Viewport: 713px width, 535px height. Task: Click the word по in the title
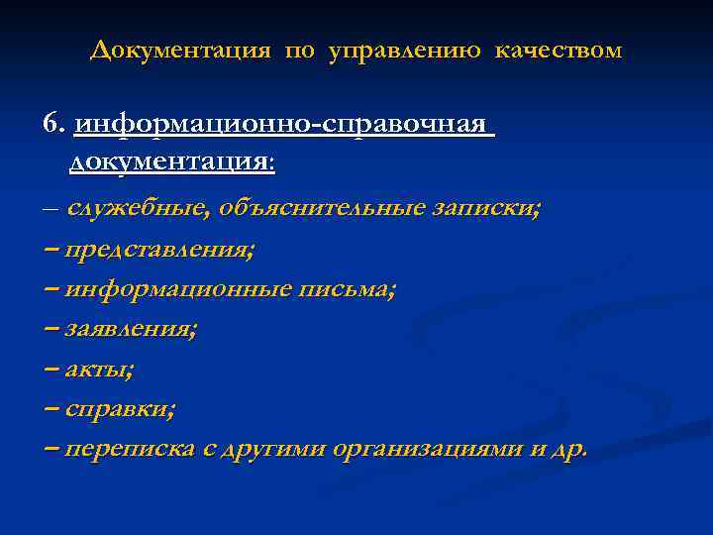[x=297, y=50]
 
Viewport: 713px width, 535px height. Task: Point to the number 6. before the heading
[x=53, y=124]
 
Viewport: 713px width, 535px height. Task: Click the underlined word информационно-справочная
[x=280, y=125]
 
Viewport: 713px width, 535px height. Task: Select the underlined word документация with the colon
[x=172, y=161]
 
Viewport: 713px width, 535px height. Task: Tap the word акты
[x=100, y=369]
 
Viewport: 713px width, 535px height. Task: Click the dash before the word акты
[x=52, y=369]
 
